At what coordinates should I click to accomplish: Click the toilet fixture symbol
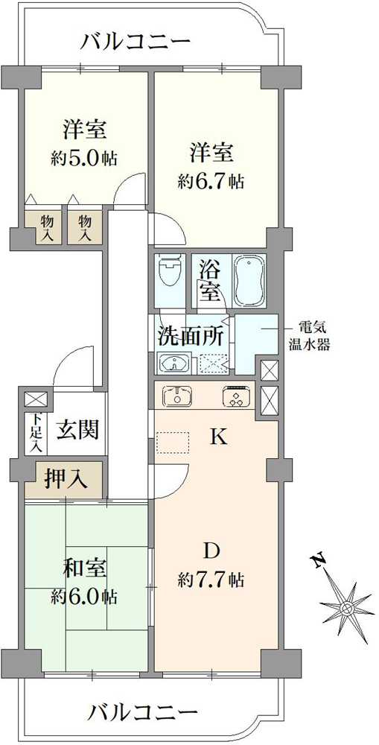pos(170,272)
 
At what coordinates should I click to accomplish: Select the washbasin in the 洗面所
pos(173,364)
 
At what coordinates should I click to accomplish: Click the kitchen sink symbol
pos(176,396)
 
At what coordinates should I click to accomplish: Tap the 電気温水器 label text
pos(309,335)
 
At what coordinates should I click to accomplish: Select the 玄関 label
pos(77,431)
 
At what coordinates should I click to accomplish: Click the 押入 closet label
pos(66,479)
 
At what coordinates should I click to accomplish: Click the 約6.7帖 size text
pos(211,182)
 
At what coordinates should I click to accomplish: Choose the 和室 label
pos(86,570)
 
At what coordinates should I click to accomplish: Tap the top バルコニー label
pos(136,42)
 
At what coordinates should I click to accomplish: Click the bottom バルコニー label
pos(142,711)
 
